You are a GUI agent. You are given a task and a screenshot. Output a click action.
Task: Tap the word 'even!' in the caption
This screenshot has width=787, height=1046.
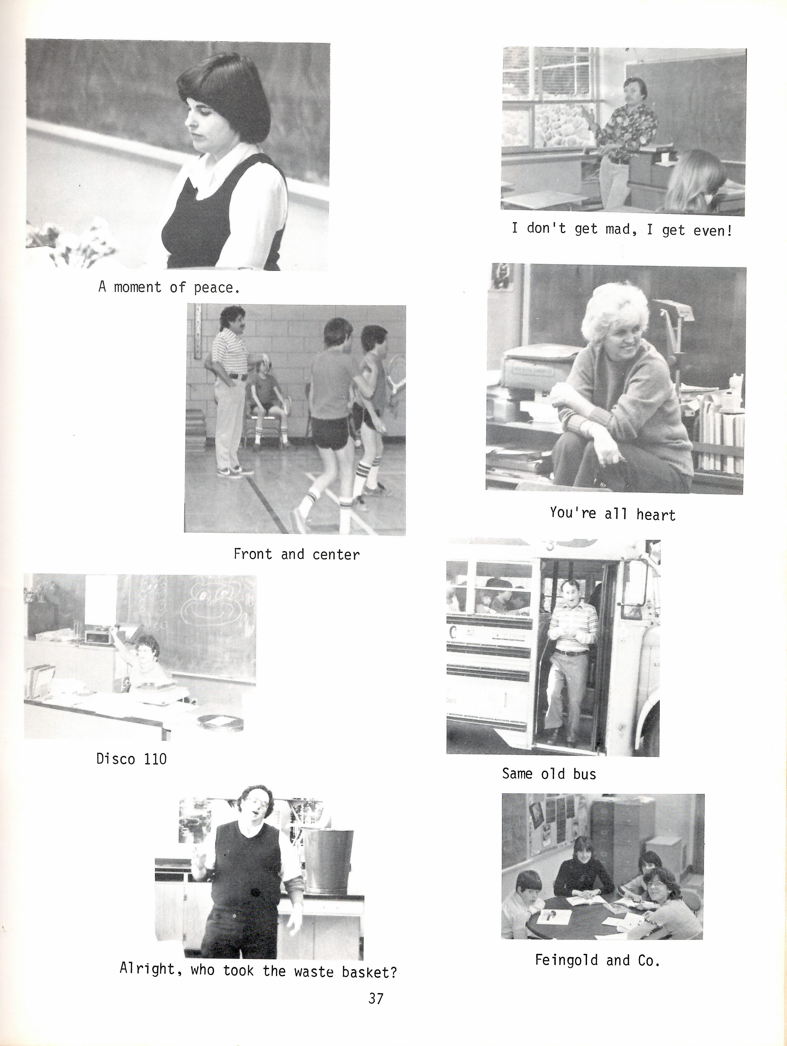(713, 230)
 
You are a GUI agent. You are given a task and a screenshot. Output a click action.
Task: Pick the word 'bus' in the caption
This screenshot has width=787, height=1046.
(585, 774)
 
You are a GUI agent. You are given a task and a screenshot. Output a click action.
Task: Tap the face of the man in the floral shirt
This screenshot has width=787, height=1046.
(632, 93)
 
